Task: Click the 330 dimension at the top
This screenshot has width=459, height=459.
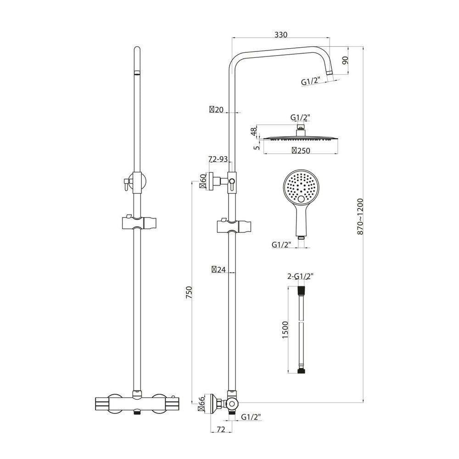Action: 281,34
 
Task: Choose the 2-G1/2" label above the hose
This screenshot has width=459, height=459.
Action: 300,276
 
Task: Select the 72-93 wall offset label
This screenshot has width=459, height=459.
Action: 218,159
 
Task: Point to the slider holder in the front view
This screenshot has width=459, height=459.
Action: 136,223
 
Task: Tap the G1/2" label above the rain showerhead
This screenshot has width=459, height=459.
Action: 300,117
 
